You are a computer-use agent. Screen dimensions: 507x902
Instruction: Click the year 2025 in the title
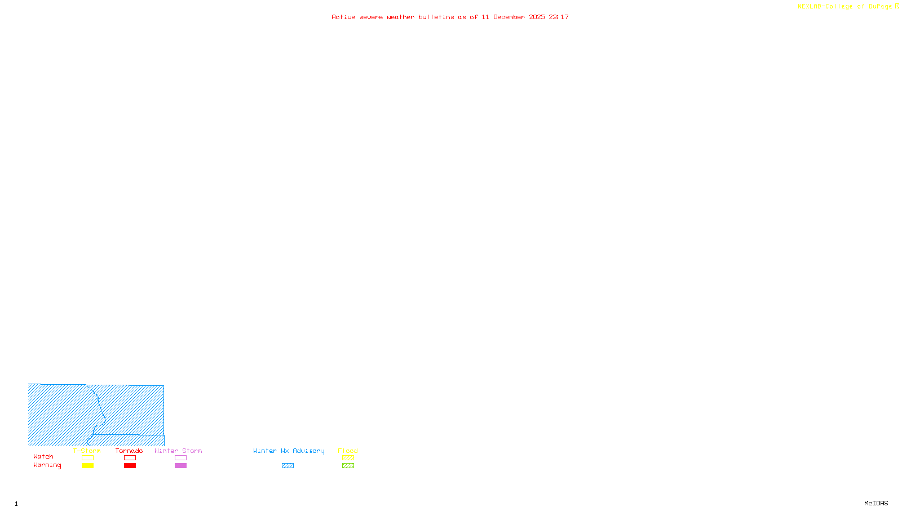537,17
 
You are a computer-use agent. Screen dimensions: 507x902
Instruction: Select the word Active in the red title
343,17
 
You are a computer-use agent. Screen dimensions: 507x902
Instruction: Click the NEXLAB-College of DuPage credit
845,7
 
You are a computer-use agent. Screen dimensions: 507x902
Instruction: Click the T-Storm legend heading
87,451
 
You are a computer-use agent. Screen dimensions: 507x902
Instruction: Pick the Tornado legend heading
129,451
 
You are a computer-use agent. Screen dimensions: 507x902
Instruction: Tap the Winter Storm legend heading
178,451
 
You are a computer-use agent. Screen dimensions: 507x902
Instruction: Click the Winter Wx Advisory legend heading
289,451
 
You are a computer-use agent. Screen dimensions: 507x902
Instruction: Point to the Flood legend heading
348,451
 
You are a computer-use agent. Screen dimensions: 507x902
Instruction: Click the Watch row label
43,457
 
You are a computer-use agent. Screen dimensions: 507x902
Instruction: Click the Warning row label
47,465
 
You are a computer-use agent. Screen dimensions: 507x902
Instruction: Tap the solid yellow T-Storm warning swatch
87,466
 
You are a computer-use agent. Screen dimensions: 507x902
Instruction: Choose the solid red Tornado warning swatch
130,466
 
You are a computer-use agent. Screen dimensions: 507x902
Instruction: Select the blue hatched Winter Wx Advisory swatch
288,466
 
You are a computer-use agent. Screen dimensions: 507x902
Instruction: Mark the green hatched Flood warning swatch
348,466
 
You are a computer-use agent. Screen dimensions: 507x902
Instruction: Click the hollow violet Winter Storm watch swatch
180,458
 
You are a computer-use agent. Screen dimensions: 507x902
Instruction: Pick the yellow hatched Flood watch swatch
348,458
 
